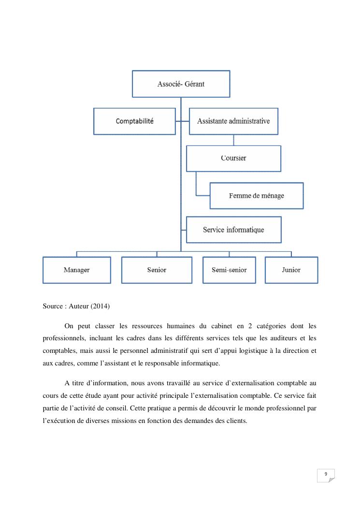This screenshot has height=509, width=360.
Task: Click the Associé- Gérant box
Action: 181,84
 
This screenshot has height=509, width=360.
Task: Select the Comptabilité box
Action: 134,121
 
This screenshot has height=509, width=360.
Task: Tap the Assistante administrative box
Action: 233,121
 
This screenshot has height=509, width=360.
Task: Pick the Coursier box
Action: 233,158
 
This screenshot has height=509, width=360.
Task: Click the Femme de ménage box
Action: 256,196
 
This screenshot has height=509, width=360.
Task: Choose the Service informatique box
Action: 233,230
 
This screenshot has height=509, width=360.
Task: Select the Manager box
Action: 76,270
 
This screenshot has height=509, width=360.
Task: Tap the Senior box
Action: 157,270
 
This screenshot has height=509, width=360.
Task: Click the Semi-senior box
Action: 229,270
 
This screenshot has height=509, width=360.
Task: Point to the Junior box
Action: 291,270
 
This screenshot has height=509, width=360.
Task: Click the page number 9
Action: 326,474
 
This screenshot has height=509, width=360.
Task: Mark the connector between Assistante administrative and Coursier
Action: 233,140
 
